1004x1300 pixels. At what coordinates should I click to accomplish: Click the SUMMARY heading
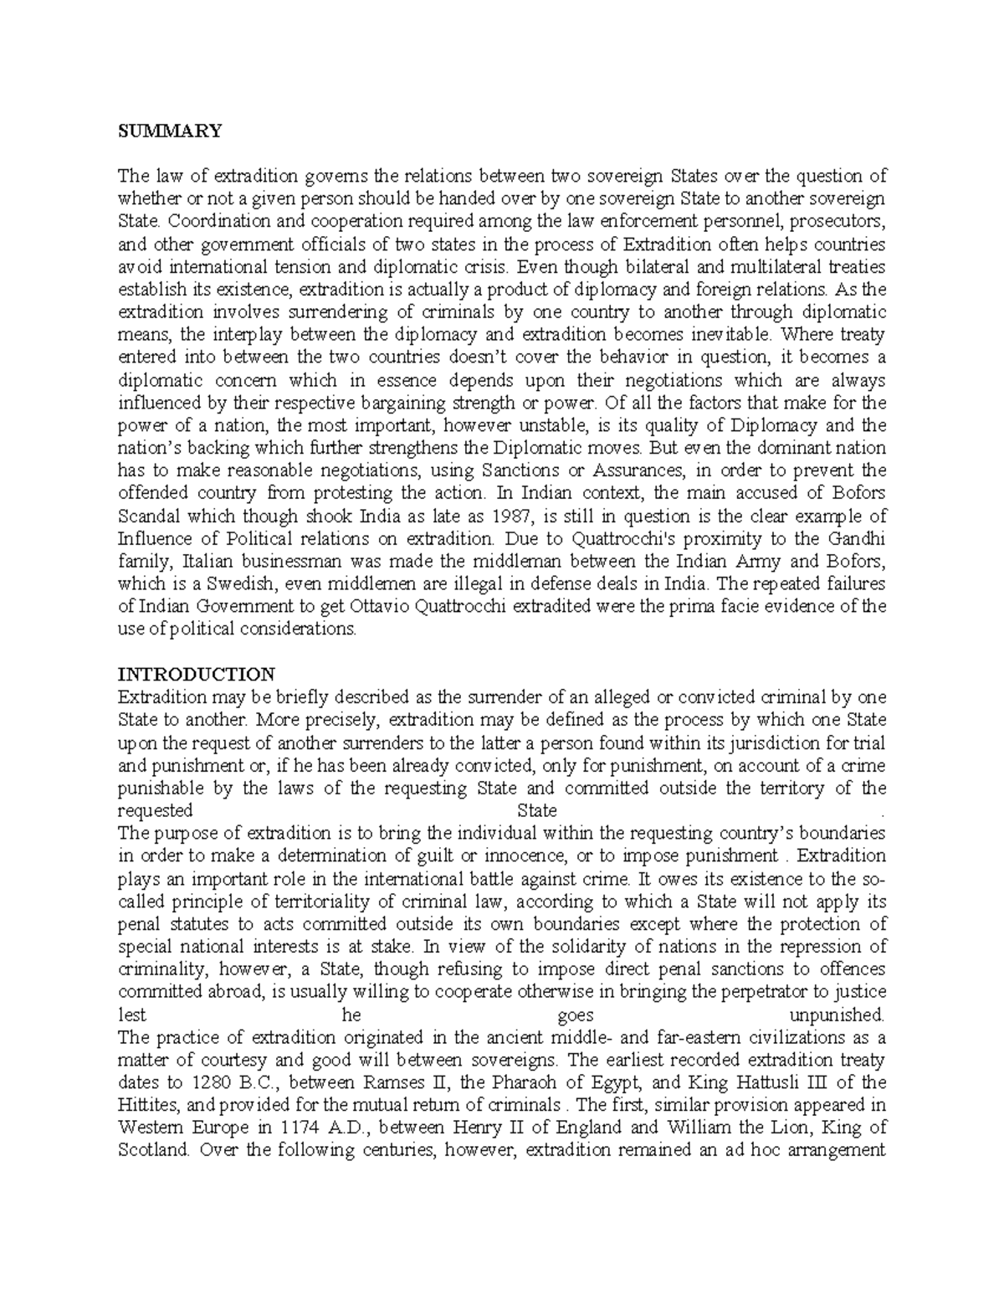(170, 131)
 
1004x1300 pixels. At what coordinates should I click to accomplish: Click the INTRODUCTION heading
(197, 674)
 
